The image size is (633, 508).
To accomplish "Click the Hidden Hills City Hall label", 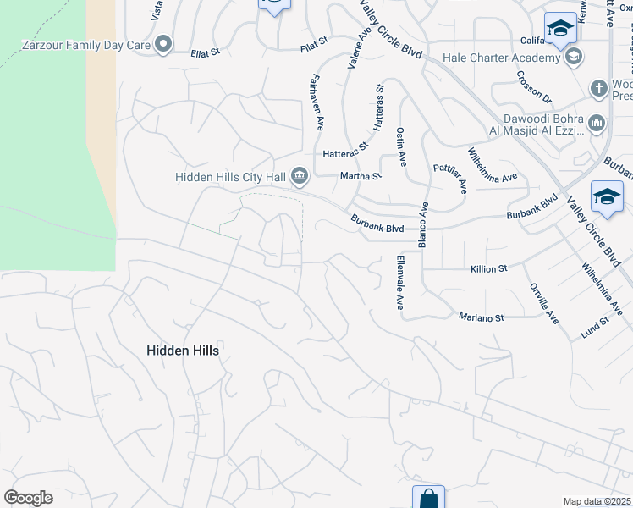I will click(231, 177).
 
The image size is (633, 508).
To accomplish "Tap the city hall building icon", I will click(300, 176).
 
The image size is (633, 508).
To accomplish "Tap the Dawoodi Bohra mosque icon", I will click(597, 124).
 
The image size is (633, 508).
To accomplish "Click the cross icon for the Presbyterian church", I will click(597, 87).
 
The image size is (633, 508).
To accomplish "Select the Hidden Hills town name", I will click(183, 350).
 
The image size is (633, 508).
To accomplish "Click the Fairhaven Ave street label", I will click(315, 101).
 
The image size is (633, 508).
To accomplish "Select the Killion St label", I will click(488, 268).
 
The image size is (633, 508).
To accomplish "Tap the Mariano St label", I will click(481, 317).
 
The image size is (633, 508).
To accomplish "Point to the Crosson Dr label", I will click(533, 87).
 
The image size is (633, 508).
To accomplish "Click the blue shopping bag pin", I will click(428, 498).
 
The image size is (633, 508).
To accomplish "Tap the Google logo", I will click(29, 498).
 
